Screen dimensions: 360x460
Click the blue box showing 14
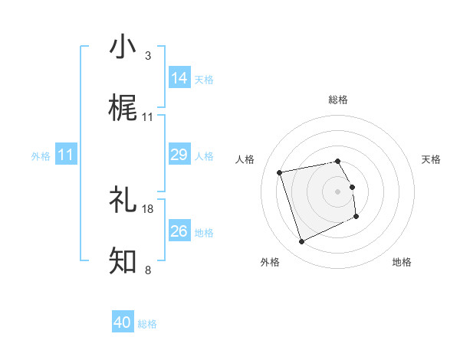pyautogui.click(x=179, y=77)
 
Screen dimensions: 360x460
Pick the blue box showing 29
pyautogui.click(x=179, y=155)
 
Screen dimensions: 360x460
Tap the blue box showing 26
pyautogui.click(x=179, y=231)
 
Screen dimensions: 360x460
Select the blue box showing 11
pyautogui.click(x=66, y=155)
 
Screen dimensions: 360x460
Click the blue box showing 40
pyautogui.click(x=123, y=322)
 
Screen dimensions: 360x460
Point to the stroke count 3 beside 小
pyautogui.click(x=148, y=56)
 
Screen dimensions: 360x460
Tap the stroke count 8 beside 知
pyautogui.click(x=148, y=270)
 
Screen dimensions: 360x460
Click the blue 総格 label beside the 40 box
pyautogui.click(x=148, y=324)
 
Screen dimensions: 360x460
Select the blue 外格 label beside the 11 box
pyautogui.click(x=41, y=156)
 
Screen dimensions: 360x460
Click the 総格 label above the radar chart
pyautogui.click(x=338, y=100)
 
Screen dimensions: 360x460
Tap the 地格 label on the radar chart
pyautogui.click(x=402, y=262)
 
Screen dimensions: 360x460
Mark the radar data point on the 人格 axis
pyautogui.click(x=280, y=172)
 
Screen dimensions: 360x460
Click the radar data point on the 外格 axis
pyautogui.click(x=301, y=242)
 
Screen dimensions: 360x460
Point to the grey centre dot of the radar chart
pyautogui.click(x=338, y=191)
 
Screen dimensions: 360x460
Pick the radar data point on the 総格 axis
pyautogui.click(x=338, y=161)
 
